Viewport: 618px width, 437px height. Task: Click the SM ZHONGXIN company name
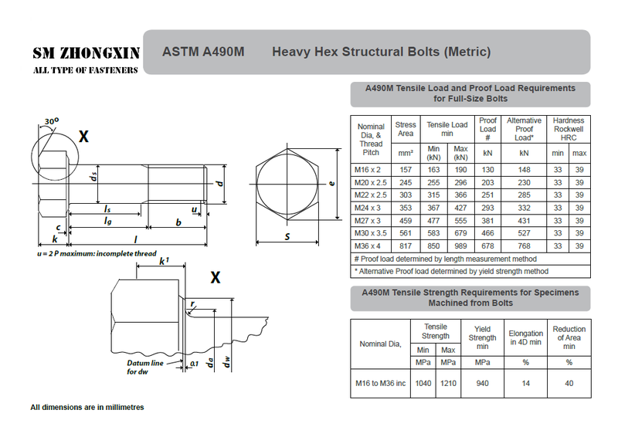click(86, 53)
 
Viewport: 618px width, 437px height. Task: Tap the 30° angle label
click(52, 122)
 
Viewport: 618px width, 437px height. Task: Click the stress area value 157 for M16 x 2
click(406, 170)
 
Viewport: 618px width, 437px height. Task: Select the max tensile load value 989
click(461, 245)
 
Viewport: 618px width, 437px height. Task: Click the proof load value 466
click(488, 232)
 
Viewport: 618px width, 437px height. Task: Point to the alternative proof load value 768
click(525, 245)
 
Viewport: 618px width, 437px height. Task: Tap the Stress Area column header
click(406, 129)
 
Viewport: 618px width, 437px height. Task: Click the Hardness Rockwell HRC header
click(569, 129)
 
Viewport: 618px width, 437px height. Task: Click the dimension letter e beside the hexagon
click(331, 184)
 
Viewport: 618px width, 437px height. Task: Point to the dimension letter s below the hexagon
click(287, 236)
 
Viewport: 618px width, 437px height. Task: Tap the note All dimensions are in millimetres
click(87, 407)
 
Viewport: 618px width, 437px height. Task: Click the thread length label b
click(178, 223)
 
